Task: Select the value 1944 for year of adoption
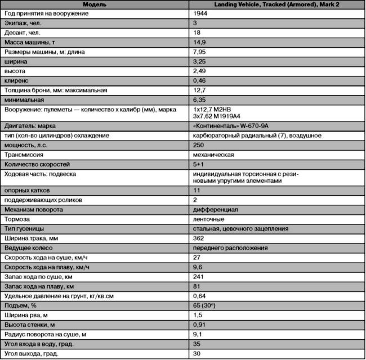[x=200, y=13]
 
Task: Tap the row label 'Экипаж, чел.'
[x=23, y=23]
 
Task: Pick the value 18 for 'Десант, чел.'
[x=197, y=33]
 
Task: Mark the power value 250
[x=198, y=145]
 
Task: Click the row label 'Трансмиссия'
[x=24, y=155]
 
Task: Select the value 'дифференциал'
[x=215, y=209]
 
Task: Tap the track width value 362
[x=198, y=238]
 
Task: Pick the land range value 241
[x=198, y=276]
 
